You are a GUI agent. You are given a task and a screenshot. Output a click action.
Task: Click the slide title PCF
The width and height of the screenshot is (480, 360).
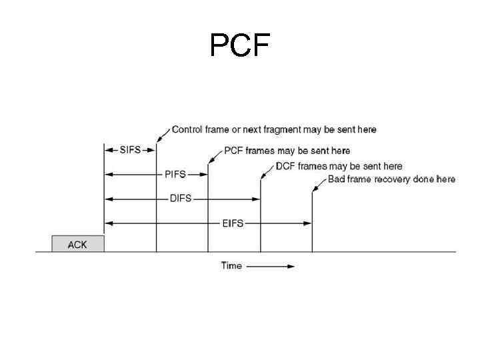point(240,45)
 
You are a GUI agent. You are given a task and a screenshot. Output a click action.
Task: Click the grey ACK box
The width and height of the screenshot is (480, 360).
point(78,243)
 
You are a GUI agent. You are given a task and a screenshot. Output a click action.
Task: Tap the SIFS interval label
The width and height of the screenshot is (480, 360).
point(130,149)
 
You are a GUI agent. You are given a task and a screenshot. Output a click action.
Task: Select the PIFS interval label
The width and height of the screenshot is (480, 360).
point(176,175)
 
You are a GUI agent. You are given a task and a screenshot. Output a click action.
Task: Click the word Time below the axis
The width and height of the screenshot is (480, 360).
point(231,266)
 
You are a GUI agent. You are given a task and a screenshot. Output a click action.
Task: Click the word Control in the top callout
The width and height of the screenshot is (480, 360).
point(188,129)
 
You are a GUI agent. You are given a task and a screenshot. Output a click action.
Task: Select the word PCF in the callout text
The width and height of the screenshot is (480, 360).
point(233,151)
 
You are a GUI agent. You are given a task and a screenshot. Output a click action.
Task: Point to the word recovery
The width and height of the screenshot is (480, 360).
point(389,179)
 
